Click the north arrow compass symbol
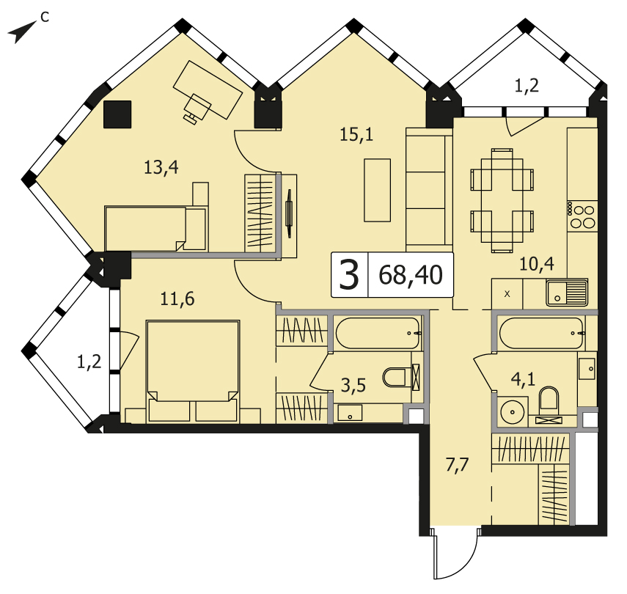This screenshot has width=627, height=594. [x=23, y=32]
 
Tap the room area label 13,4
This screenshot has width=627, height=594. [x=161, y=167]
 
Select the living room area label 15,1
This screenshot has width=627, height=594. [x=356, y=134]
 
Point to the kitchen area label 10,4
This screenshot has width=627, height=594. [x=537, y=264]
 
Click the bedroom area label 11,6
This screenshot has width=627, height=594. [x=177, y=298]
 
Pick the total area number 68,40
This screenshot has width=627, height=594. [x=411, y=275]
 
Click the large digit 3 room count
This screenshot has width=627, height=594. [x=349, y=274]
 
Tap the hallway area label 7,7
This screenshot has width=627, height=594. [x=457, y=465]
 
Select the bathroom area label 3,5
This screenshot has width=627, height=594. [x=353, y=386]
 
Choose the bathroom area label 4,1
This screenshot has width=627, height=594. [x=523, y=378]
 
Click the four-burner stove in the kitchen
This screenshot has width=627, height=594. [x=582, y=216]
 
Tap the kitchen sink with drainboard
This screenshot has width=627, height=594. [x=567, y=293]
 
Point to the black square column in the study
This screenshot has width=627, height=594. [x=117, y=114]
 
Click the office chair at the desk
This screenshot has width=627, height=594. [x=196, y=107]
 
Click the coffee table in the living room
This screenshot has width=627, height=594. [x=377, y=190]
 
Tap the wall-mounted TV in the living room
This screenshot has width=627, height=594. [x=289, y=213]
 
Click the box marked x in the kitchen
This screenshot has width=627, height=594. [x=507, y=294]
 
